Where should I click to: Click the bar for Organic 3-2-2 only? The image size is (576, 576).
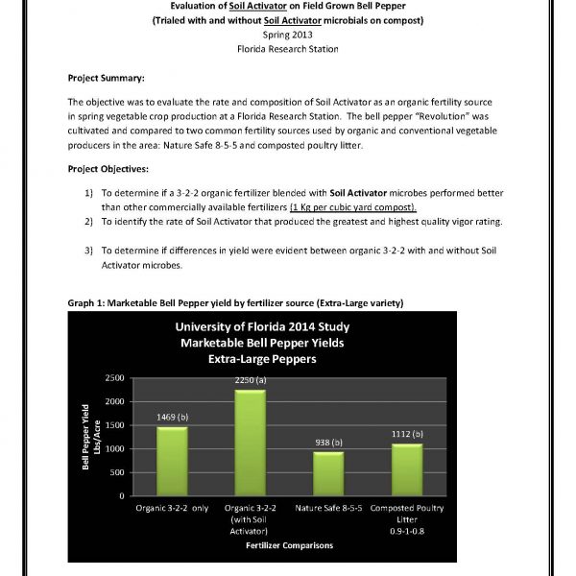(x=173, y=462)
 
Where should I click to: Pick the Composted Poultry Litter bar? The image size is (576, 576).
(x=407, y=470)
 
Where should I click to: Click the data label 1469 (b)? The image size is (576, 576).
(x=173, y=417)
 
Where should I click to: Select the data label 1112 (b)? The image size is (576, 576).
(x=407, y=434)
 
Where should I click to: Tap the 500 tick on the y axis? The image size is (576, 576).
(x=117, y=472)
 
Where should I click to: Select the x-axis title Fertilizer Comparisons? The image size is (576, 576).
(x=288, y=545)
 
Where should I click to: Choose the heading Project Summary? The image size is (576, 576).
(x=107, y=78)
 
